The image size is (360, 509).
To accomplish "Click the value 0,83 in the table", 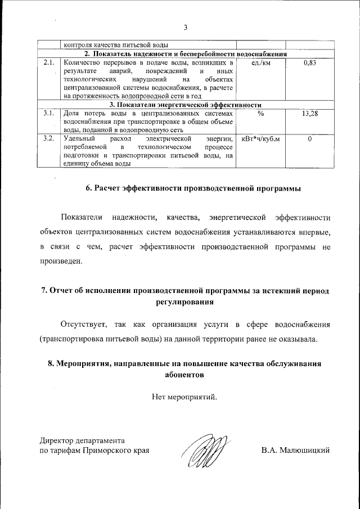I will (309, 63).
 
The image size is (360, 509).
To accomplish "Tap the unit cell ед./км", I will (260, 63).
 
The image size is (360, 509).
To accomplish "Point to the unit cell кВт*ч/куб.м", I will (260, 138).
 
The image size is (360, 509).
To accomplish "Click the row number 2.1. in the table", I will (48, 63).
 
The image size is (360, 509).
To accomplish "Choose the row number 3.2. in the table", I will (48, 138).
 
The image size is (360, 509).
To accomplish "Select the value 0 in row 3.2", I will (309, 138).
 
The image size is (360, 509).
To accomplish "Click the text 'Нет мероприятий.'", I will (184, 398).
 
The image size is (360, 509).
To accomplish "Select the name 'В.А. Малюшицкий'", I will (295, 451).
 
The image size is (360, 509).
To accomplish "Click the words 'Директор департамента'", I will (82, 440).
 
